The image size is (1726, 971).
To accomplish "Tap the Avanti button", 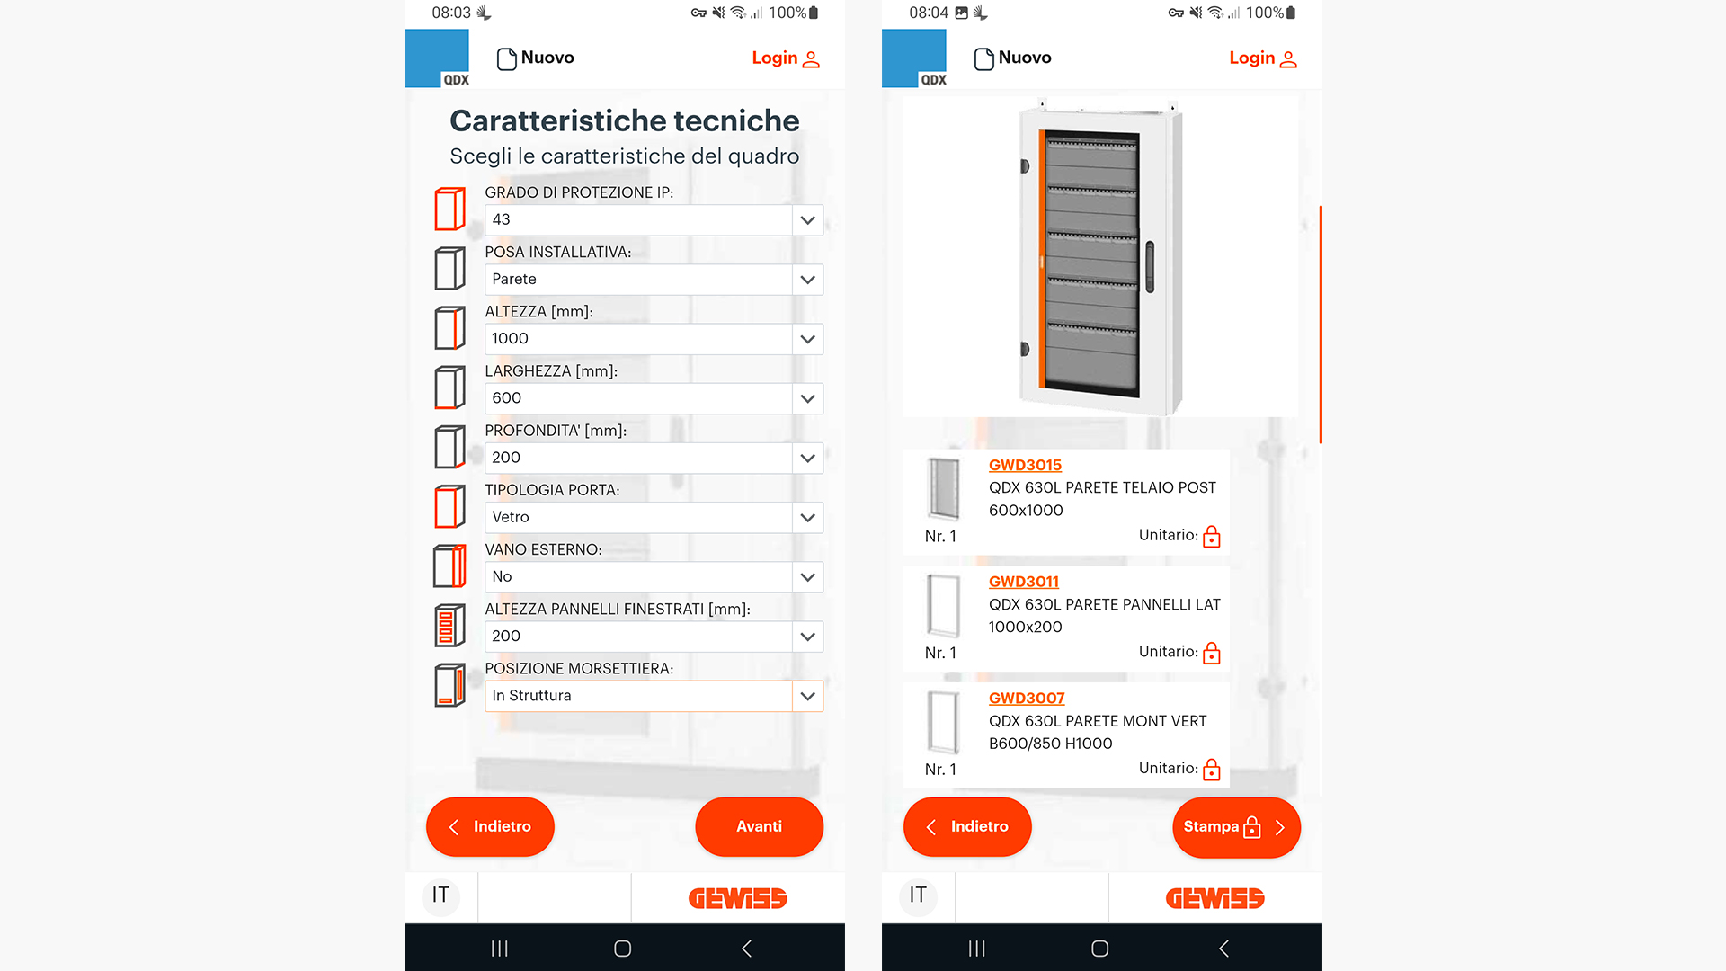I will point(759,826).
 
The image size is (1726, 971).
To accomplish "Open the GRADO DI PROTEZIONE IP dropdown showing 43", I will point(653,220).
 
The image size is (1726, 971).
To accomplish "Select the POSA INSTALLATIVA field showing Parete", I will point(653,280).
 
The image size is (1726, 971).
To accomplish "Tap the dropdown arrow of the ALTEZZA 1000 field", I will point(807,339).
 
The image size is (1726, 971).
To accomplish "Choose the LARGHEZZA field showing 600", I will point(653,398).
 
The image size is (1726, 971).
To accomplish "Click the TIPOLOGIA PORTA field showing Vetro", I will point(653,518).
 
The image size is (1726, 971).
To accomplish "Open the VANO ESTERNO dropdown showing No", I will point(653,577).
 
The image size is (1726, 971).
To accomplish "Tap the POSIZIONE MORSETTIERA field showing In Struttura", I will point(653,696).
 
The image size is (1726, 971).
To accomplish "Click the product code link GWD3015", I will point(1025,465).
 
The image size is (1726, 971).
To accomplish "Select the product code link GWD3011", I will point(1023,582).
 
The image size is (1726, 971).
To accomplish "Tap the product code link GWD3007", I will point(1026,698).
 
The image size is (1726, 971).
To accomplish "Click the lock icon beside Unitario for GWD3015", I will point(1211,537).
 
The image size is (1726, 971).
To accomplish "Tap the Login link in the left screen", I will point(785,58).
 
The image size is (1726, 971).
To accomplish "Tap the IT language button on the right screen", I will point(917,895).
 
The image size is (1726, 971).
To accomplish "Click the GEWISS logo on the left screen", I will point(737,898).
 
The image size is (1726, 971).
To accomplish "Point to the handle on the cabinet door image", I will point(1149,267).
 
